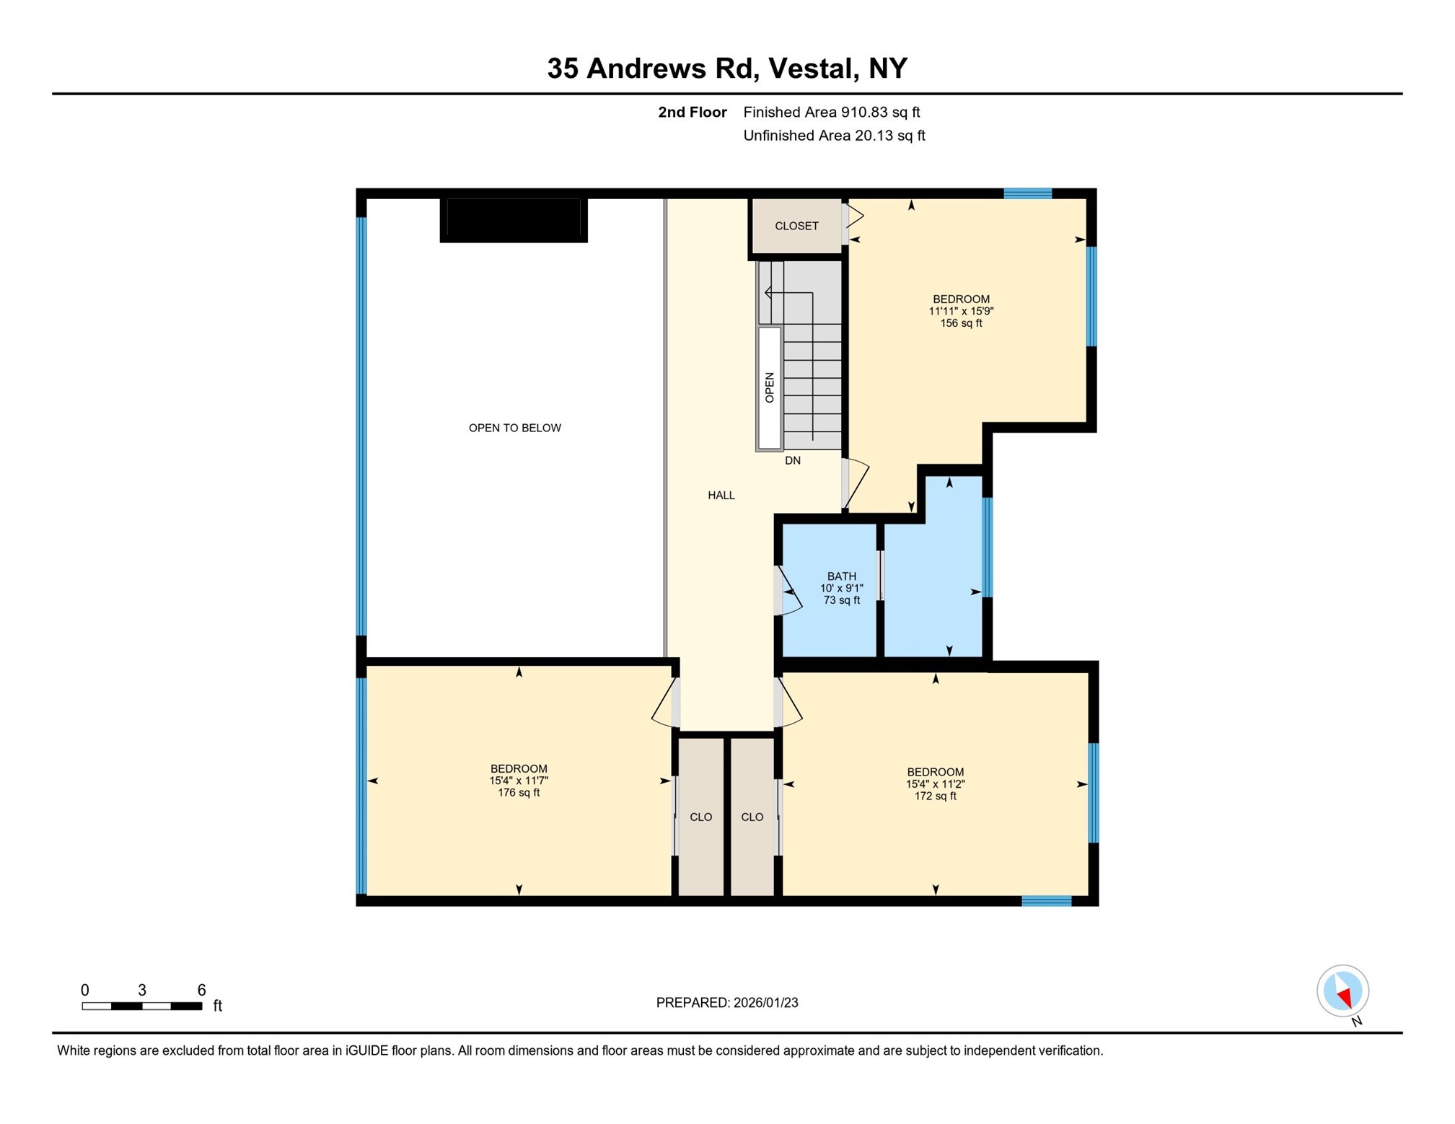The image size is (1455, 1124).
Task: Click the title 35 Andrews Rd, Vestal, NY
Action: coord(726,69)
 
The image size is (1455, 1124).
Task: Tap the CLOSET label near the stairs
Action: coord(796,226)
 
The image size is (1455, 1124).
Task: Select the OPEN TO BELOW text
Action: coord(514,428)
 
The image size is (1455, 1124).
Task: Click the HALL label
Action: coord(721,495)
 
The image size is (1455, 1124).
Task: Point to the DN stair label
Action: coord(792,460)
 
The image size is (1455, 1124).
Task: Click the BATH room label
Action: coord(841,576)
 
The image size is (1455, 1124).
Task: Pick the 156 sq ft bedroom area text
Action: coord(960,323)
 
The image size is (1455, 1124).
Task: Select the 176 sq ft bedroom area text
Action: coord(518,792)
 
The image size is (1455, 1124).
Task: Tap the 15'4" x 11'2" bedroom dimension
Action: coord(935,783)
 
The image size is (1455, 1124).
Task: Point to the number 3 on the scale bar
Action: coord(142,990)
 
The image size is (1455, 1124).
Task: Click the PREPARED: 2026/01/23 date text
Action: coord(726,1002)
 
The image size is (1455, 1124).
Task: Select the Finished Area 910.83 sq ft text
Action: coord(831,112)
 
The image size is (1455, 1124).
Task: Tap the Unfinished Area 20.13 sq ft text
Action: coord(833,136)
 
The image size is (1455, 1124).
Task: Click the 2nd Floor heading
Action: coord(692,112)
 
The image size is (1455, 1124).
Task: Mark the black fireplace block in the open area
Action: coord(513,219)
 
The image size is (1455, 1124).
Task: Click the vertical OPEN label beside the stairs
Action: coord(769,387)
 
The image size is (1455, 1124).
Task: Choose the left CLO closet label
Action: coord(700,817)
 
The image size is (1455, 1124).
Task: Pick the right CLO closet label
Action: coord(752,817)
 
